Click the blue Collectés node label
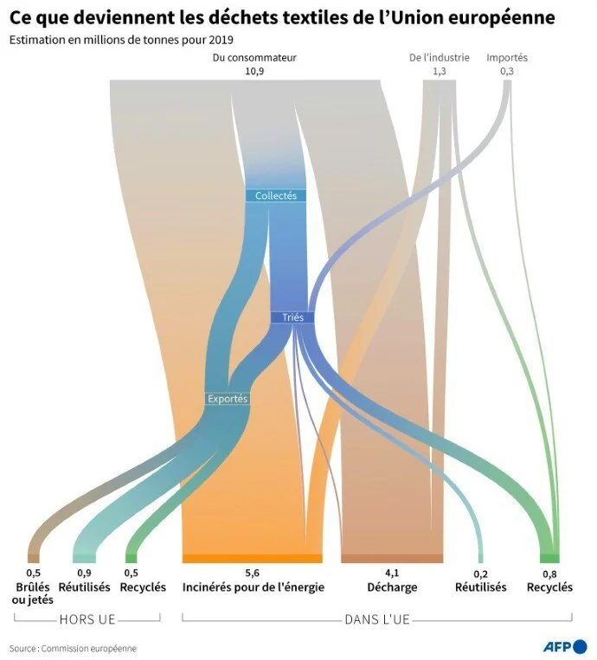click(276, 195)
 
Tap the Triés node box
click(292, 317)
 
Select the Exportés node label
click(228, 399)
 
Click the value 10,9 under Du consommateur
click(254, 71)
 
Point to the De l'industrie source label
click(440, 57)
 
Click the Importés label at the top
click(507, 58)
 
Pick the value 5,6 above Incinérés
click(252, 573)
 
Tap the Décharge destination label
click(392, 587)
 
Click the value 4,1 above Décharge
click(392, 573)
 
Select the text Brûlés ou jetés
click(33, 593)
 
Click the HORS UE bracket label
click(87, 619)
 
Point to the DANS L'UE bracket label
click(377, 619)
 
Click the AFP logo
click(565, 646)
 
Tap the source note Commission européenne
click(88, 649)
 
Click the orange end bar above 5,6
click(252, 559)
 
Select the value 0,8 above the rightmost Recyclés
click(549, 574)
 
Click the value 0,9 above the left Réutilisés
click(84, 573)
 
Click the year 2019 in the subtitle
click(221, 40)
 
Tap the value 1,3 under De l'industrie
click(440, 71)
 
